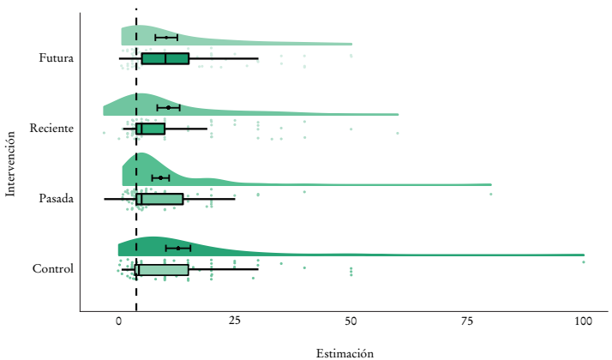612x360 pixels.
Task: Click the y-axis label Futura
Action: pos(56,58)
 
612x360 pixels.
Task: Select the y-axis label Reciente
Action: pos(51,129)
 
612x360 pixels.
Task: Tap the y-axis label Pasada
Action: pos(56,199)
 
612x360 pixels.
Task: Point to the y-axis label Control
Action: pos(53,269)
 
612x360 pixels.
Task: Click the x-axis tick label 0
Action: pos(118,320)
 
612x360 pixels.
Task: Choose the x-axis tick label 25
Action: pos(235,320)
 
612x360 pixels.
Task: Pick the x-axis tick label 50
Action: pos(351,320)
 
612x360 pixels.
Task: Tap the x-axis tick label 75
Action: pos(467,320)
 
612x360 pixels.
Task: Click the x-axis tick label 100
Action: pos(584,320)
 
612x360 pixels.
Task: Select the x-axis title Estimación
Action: pos(345,352)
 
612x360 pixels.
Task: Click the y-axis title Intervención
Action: pos(11,164)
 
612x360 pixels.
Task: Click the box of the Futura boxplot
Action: pos(165,58)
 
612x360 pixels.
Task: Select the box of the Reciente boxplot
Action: pos(150,129)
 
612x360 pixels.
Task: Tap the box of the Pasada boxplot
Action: pos(159,199)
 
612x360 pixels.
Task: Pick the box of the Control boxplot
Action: pos(161,269)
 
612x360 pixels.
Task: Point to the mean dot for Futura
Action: pos(166,38)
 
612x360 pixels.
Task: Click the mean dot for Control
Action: pos(178,248)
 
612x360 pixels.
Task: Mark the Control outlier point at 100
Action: pos(584,261)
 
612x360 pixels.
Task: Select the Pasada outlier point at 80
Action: pos(491,195)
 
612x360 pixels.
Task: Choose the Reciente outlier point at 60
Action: pos(397,133)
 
